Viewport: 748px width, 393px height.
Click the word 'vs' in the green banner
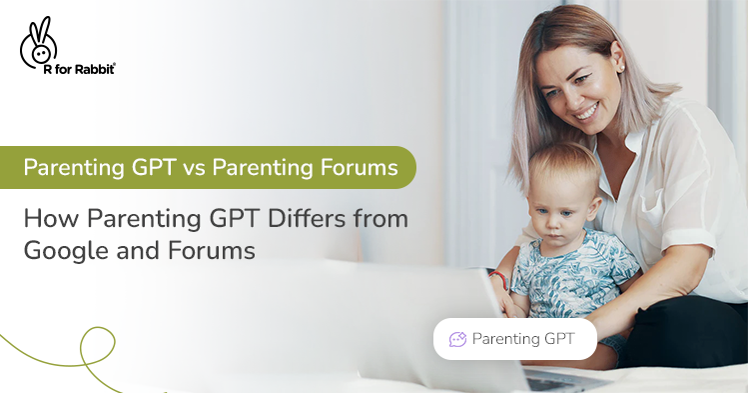click(195, 167)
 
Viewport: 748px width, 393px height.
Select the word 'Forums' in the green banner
click(355, 167)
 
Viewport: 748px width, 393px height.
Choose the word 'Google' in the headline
click(61, 251)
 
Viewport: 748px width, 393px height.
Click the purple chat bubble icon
click(458, 339)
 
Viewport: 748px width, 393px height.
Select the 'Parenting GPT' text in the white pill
click(523, 339)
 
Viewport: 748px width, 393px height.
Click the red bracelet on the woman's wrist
click(498, 279)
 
